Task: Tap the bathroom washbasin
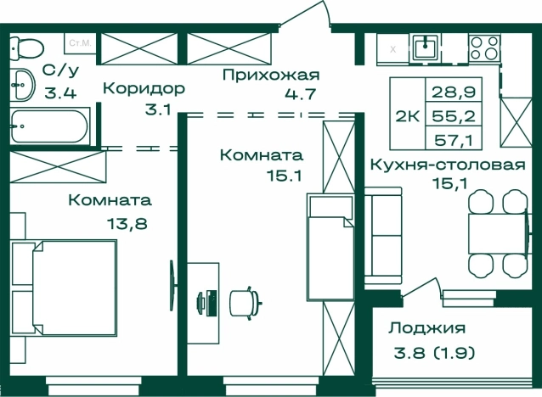coord(21,85)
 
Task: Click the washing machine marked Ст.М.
coord(80,42)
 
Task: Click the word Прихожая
coord(270,75)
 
